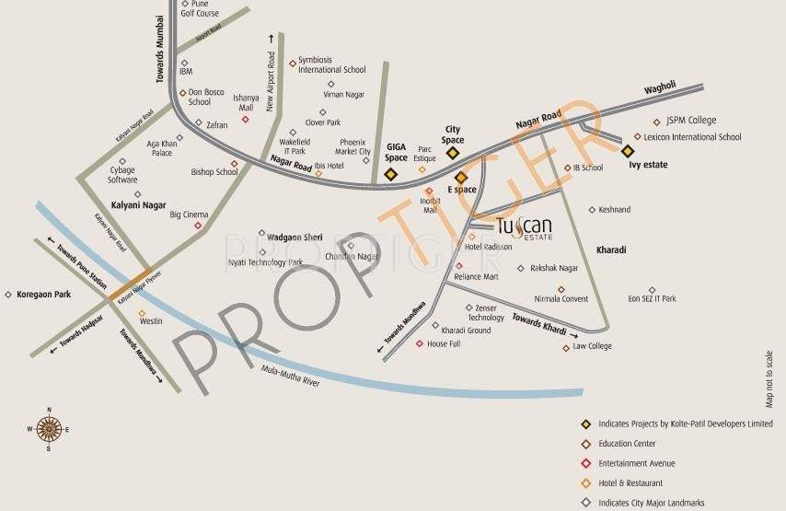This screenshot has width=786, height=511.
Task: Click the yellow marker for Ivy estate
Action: pyautogui.click(x=628, y=150)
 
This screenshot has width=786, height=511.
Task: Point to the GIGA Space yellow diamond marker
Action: pyautogui.click(x=390, y=174)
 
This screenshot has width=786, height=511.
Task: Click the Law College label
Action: pyautogui.click(x=592, y=346)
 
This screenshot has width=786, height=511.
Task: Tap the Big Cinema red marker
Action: pyautogui.click(x=197, y=225)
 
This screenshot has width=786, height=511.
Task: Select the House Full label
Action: pyautogui.click(x=443, y=343)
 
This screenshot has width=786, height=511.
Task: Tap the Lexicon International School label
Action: pyautogui.click(x=692, y=137)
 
